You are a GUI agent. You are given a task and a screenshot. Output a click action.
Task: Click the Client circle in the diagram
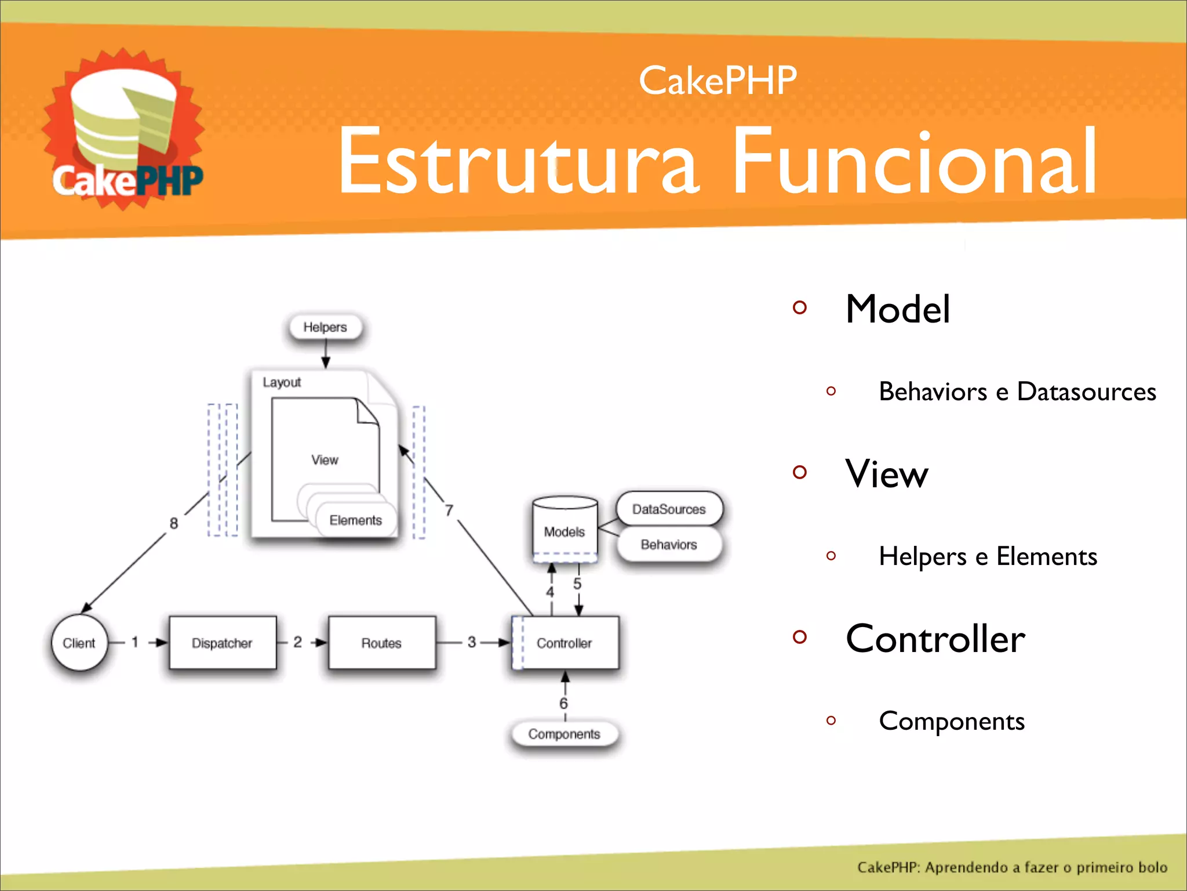pos(79,643)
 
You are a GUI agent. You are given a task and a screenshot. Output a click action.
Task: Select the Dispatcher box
pos(223,643)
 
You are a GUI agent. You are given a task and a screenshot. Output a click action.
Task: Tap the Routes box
pos(381,643)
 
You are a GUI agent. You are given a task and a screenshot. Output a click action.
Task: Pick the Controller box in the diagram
pos(565,643)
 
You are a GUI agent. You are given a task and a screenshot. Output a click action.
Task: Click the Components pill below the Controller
pos(564,734)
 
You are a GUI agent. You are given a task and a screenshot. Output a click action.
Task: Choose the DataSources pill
pos(669,509)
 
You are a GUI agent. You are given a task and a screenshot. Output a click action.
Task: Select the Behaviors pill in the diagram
pos(669,544)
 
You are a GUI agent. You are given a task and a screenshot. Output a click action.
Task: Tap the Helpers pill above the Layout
pos(325,327)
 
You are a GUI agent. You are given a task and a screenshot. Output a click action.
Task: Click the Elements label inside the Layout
pos(356,520)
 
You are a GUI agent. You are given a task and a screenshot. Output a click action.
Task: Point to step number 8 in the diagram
pos(174,523)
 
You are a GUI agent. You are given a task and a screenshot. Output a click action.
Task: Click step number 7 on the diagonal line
pos(449,510)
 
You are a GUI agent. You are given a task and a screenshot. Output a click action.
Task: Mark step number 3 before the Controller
pos(472,642)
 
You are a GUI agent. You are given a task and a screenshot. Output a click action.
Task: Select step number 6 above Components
pos(563,704)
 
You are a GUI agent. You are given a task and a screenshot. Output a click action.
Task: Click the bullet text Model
pos(897,309)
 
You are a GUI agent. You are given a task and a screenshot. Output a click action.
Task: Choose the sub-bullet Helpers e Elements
pos(988,556)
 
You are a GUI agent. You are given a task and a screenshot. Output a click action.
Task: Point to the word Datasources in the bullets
pos(1086,392)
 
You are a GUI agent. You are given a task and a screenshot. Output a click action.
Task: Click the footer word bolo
pos(1152,867)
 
